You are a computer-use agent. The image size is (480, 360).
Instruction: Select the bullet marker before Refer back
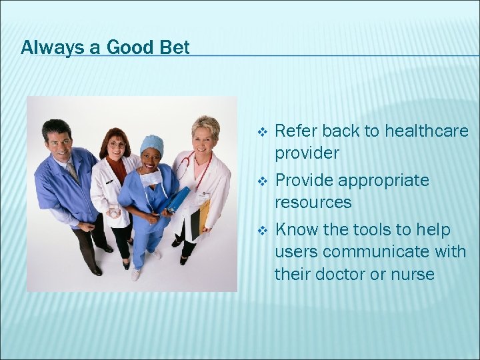click(x=263, y=132)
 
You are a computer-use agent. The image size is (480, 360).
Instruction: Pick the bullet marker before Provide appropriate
click(x=263, y=181)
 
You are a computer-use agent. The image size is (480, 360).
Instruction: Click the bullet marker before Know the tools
click(x=263, y=231)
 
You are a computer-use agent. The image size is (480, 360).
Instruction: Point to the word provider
click(x=307, y=153)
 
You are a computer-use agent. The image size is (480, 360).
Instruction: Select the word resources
click(x=313, y=202)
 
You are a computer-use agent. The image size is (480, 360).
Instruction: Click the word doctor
click(x=345, y=274)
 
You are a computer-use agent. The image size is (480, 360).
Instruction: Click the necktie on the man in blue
click(x=73, y=171)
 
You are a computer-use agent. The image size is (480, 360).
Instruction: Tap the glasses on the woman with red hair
click(x=117, y=145)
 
